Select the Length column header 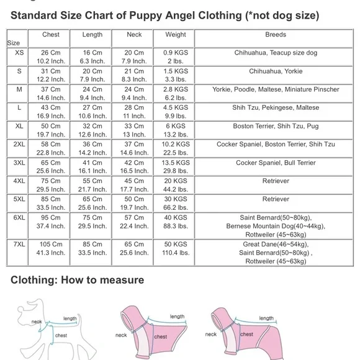92,35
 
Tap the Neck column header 134,35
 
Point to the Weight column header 176,35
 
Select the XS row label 18,53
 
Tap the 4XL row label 19,181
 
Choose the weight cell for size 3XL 176,167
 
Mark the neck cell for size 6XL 134,222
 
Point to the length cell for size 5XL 92,204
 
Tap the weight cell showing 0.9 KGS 176,57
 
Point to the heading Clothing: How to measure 77,280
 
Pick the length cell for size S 92,76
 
